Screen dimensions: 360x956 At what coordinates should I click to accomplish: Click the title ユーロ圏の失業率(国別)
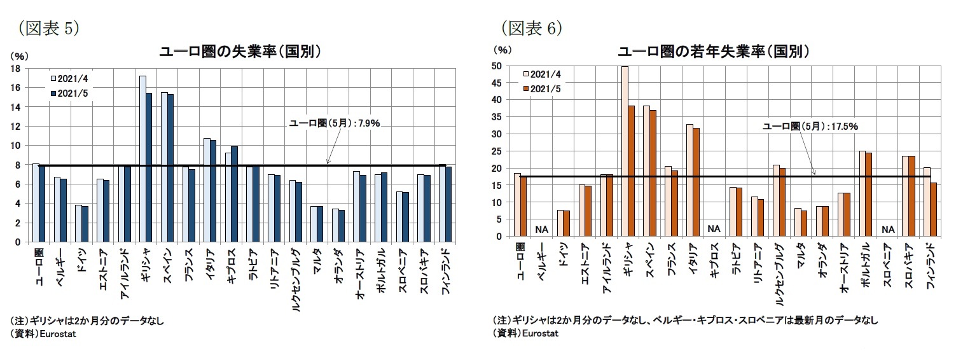239,52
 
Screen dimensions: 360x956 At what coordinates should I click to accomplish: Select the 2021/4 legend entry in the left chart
69,78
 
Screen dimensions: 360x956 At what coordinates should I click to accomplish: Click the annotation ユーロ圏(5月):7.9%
335,123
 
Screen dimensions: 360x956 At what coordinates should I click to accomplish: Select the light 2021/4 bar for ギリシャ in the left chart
142,158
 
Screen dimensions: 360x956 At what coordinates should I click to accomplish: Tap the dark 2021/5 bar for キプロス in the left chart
235,194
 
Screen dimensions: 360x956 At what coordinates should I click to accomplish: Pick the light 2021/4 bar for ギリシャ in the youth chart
625,151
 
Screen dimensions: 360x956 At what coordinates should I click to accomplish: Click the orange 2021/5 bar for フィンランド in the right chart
932,209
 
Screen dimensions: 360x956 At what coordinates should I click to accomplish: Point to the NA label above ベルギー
542,229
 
